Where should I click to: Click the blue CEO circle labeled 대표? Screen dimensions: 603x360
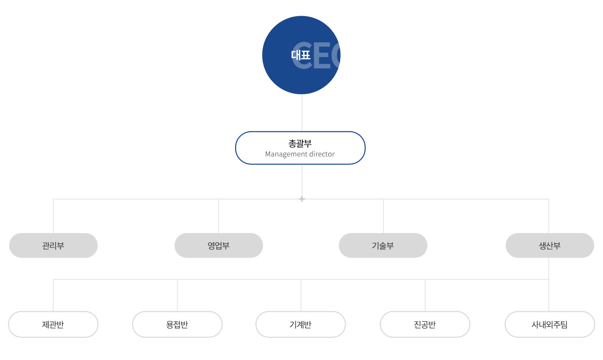(301, 55)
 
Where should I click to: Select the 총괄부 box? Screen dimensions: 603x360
(300, 148)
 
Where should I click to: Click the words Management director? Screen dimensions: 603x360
(300, 154)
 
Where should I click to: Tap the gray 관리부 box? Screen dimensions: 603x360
(53, 245)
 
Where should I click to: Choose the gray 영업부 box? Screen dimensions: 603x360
(219, 245)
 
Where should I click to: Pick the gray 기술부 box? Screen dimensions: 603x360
(383, 245)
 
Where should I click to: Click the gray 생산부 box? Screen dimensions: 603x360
(550, 245)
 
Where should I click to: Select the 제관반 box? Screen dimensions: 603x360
(53, 324)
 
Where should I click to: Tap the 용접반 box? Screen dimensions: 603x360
(177, 324)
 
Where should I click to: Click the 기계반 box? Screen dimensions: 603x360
(300, 324)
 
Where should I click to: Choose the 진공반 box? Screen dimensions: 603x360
(425, 324)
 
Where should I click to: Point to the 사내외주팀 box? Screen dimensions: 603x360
(550, 324)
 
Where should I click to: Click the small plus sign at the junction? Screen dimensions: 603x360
(302, 199)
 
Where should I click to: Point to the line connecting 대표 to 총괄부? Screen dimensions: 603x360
(302, 113)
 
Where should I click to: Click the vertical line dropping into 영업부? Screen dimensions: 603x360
(219, 216)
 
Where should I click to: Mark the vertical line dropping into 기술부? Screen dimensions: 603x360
(383, 216)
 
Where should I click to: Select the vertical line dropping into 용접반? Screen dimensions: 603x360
(177, 295)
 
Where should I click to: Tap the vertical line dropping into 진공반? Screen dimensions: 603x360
(425, 295)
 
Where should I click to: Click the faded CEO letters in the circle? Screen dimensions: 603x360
(316, 55)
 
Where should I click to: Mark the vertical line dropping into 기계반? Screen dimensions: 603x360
(301, 295)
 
